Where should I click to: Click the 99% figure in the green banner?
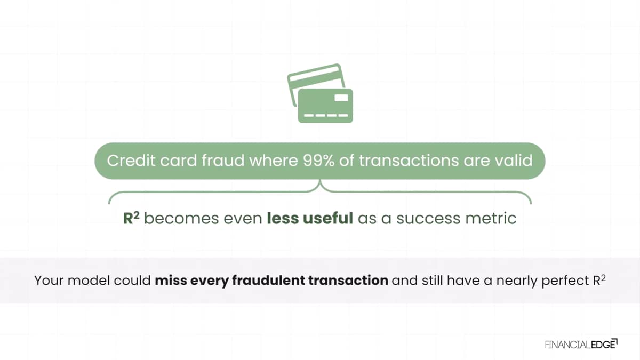(318, 161)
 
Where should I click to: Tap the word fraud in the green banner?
(223, 161)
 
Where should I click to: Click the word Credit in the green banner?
(131, 161)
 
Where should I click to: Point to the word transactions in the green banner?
(409, 161)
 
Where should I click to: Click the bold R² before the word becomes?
(131, 218)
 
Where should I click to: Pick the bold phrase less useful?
(310, 218)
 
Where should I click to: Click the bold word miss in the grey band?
(171, 281)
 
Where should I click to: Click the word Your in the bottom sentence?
(49, 281)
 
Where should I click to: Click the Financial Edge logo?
(581, 344)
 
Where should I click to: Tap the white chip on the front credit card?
(341, 98)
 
